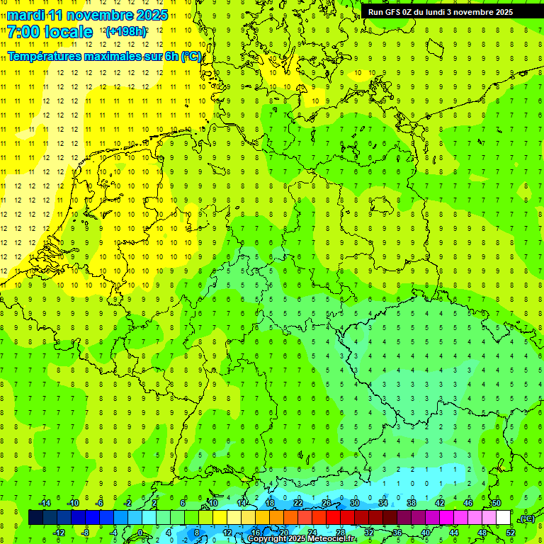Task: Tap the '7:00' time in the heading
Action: click(x=25, y=32)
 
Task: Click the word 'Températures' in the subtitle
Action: click(x=43, y=56)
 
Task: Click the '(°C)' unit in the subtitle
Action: click(x=191, y=56)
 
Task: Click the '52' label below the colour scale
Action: click(x=511, y=532)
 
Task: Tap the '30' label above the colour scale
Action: click(x=354, y=502)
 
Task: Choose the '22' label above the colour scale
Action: click(x=298, y=502)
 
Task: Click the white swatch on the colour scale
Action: click(x=503, y=517)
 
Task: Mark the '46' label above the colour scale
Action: click(x=467, y=502)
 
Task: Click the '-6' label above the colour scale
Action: click(x=100, y=502)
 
